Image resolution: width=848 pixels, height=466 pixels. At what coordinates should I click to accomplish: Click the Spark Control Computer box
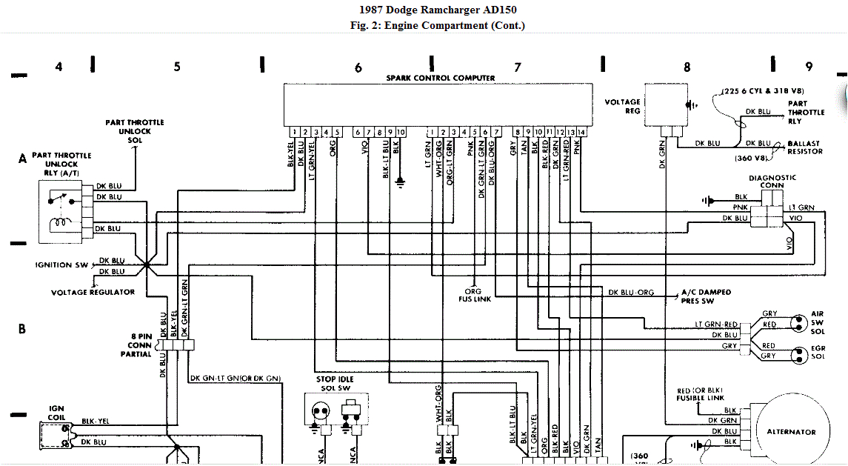(438, 104)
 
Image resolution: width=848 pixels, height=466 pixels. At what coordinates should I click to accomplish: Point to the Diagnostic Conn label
(772, 182)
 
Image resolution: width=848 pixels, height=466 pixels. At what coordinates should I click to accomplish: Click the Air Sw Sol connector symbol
(798, 324)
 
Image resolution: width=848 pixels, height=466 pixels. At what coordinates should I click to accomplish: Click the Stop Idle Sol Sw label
(335, 385)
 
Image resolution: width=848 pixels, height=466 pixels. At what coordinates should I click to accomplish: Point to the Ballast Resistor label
(805, 147)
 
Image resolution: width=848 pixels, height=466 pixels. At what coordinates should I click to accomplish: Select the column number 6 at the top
(358, 67)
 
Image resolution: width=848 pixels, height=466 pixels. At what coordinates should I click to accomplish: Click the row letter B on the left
(22, 328)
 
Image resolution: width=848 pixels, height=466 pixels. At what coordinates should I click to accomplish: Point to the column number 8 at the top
(687, 67)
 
